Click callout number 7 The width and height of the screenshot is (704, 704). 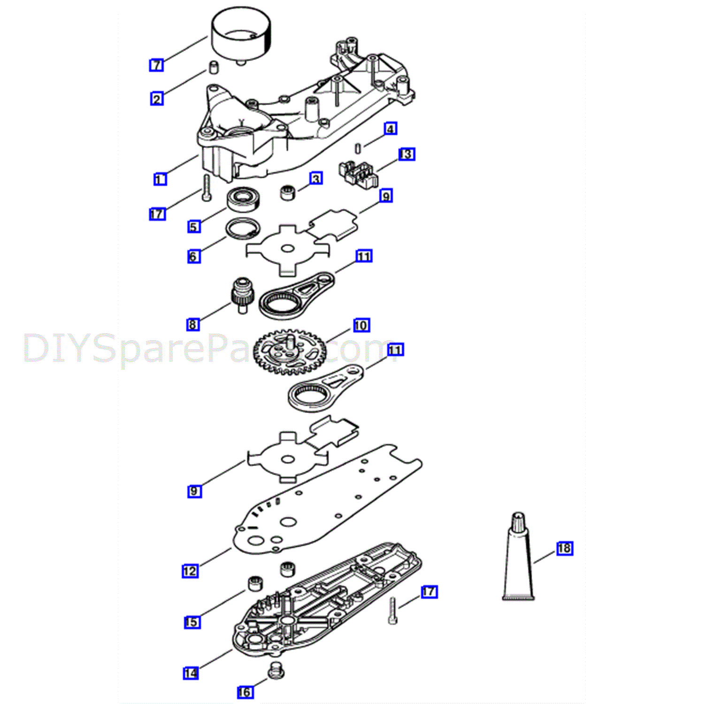(157, 65)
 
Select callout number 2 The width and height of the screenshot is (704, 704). (157, 99)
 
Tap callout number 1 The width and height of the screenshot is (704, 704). (160, 179)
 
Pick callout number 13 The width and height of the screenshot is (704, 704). (407, 154)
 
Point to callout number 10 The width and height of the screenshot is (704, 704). (361, 325)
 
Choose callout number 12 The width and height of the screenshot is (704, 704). (190, 571)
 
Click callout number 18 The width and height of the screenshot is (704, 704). (565, 548)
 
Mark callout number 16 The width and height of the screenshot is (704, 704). (245, 692)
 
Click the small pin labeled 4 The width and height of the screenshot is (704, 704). (358, 148)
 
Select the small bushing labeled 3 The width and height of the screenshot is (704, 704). (287, 192)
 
